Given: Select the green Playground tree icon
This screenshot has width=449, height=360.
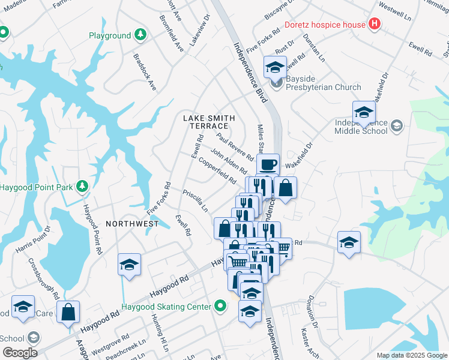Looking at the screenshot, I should [141, 35].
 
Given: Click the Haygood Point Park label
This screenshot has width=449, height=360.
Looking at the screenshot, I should [36, 187].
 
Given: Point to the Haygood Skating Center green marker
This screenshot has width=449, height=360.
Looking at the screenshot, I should [220, 307].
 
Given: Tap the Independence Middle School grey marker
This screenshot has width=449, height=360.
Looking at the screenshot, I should [396, 125].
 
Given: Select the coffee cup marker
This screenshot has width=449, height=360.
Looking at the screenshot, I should [268, 164].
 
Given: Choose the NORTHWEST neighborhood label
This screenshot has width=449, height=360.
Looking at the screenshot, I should [132, 224].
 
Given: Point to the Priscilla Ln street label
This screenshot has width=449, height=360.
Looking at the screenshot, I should [196, 202].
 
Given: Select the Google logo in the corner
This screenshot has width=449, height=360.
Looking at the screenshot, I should [19, 353].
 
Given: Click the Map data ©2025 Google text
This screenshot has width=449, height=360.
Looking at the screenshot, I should [412, 355].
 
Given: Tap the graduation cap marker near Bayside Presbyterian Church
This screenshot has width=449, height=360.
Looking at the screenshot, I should [275, 67].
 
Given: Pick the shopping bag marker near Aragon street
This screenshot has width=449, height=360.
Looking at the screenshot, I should [68, 311].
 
